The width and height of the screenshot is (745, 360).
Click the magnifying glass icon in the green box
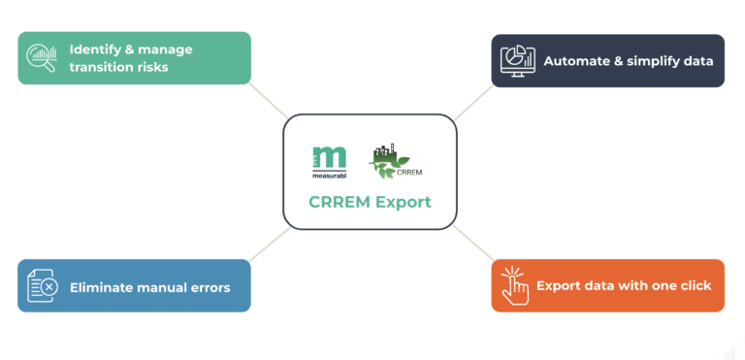pos(42,58)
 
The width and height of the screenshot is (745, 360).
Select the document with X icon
pos(42,286)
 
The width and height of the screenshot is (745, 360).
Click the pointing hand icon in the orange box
pos(514,286)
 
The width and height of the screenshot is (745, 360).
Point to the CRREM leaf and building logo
pos(394,162)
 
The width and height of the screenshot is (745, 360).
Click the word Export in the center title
pos(402,203)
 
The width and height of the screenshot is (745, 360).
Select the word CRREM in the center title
pos(339,203)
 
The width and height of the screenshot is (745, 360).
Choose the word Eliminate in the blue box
pos(103,287)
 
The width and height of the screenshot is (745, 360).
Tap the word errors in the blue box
pos(209,287)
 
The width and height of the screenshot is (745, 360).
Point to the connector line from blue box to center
pos(266,246)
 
